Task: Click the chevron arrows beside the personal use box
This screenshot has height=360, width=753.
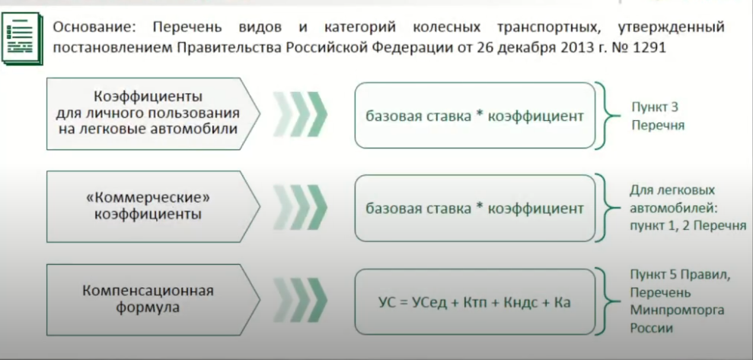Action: pos(300,115)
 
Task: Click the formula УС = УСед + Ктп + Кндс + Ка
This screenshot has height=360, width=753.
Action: pos(474,302)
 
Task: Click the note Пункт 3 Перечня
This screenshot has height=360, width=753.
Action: pos(657,116)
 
